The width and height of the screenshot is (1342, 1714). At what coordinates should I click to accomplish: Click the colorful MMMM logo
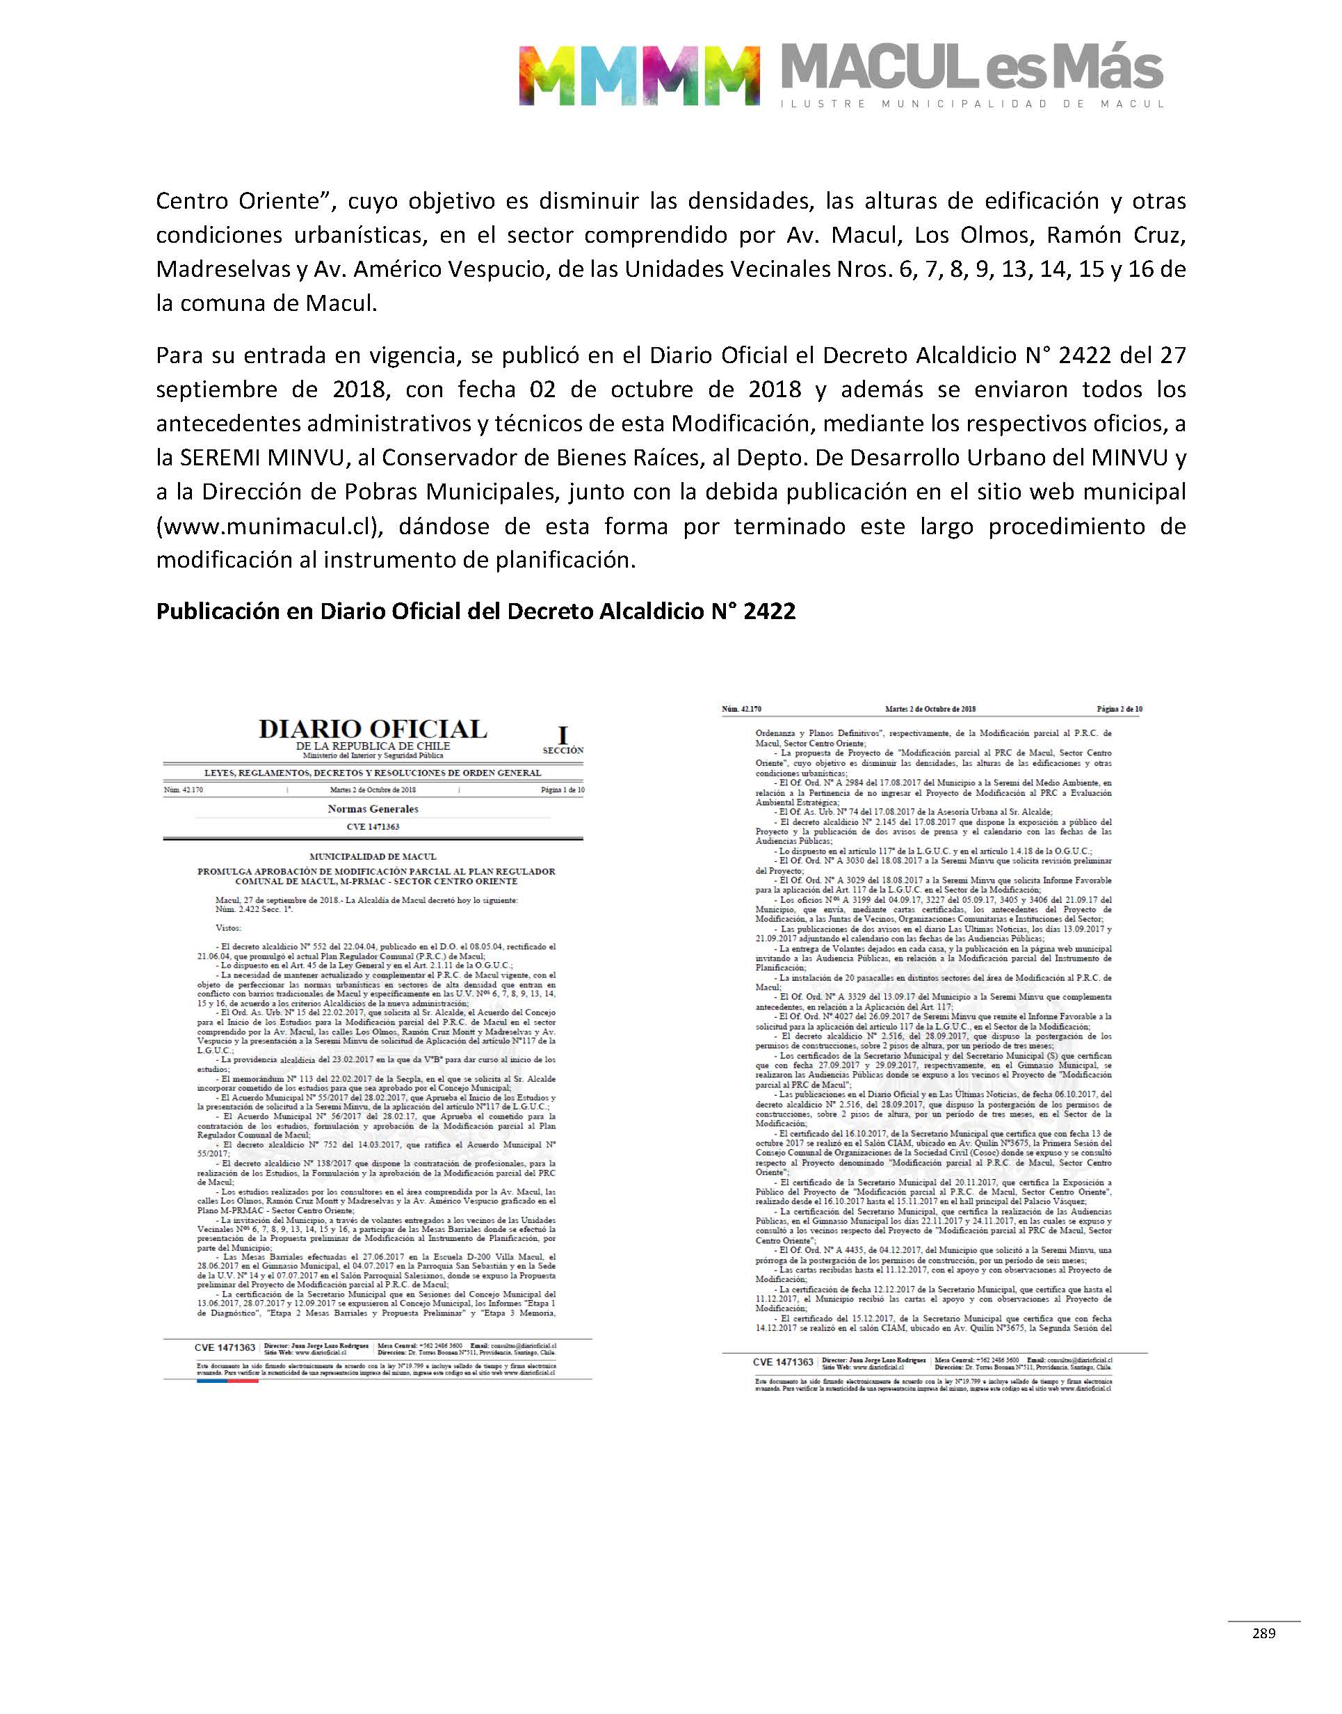click(640, 75)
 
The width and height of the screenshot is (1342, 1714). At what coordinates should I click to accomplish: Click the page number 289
click(1263, 1633)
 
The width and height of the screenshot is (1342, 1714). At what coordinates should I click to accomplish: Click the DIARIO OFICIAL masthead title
click(373, 728)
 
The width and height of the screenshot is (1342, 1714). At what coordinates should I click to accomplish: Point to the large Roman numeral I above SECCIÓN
click(562, 735)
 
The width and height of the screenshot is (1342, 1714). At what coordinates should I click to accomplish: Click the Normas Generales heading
click(373, 809)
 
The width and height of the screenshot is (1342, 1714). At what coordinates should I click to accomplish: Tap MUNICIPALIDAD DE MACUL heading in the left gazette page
click(373, 856)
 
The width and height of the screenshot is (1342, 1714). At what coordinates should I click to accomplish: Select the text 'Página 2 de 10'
click(1119, 709)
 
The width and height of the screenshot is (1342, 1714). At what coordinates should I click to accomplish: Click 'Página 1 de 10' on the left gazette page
click(562, 790)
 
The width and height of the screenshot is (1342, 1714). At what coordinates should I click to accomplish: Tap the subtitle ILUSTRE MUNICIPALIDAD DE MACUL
click(971, 104)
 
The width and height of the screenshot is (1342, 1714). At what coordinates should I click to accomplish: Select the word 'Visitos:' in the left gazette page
click(229, 927)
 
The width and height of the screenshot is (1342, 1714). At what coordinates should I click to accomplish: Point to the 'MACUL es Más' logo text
click(971, 69)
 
